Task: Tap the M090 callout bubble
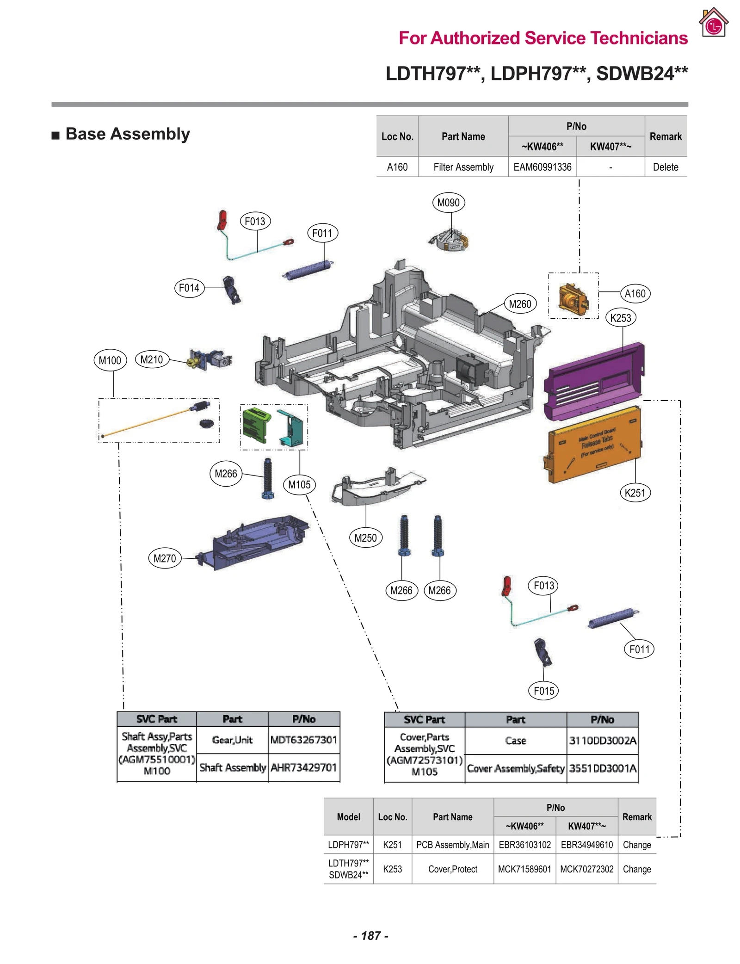(448, 203)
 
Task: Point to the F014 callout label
(189, 288)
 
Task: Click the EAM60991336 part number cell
(542, 167)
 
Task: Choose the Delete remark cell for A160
(665, 167)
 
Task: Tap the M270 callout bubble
(165, 558)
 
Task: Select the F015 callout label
(543, 691)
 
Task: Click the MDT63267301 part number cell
(303, 740)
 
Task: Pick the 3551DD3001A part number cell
(602, 768)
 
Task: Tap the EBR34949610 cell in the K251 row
(586, 845)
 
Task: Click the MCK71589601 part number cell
(524, 869)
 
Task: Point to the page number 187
(370, 935)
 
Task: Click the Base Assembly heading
(127, 134)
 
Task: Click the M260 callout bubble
(520, 304)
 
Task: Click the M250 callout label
(365, 538)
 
